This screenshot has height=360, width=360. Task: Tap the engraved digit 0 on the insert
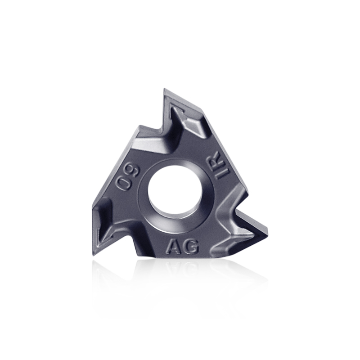click(x=122, y=182)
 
